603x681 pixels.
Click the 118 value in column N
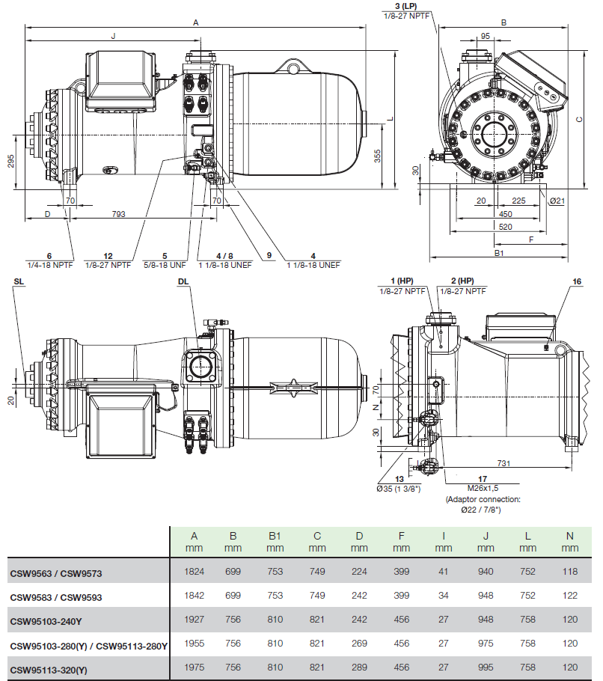pyautogui.click(x=571, y=573)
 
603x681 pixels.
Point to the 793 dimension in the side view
pyautogui.click(x=118, y=215)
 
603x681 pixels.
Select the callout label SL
pyautogui.click(x=19, y=281)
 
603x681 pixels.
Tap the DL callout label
pyautogui.click(x=184, y=281)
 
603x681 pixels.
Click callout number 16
pyautogui.click(x=577, y=281)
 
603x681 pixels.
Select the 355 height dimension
pyautogui.click(x=378, y=156)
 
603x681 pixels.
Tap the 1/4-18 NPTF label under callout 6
pyautogui.click(x=49, y=265)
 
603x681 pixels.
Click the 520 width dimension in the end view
pyautogui.click(x=506, y=226)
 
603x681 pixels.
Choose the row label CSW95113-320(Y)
pyautogui.click(x=49, y=669)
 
